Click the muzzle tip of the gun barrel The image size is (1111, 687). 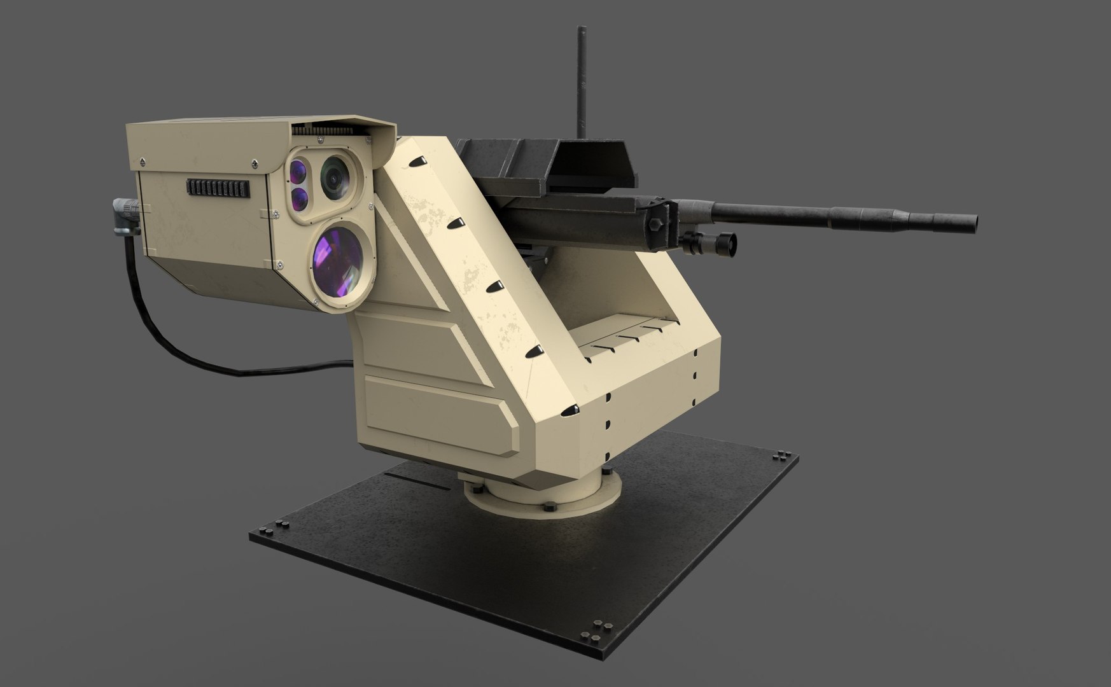coord(971,221)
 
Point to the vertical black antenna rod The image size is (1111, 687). coord(581,76)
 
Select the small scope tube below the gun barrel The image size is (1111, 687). coord(709,240)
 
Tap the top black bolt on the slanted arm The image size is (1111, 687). coord(416,163)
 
